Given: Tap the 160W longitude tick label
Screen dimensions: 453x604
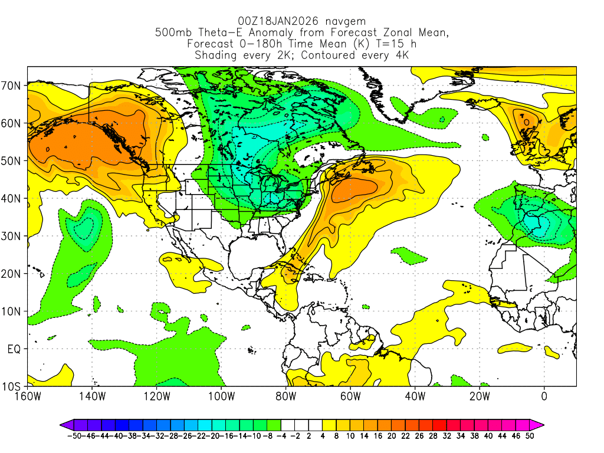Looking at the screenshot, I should click(x=28, y=396).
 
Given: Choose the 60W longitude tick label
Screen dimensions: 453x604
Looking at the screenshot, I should click(x=350, y=396).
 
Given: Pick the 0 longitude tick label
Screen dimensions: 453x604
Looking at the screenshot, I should click(x=544, y=396).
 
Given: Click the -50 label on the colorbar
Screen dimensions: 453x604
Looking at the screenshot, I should click(x=74, y=436).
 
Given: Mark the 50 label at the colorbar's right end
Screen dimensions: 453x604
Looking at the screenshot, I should click(x=530, y=436).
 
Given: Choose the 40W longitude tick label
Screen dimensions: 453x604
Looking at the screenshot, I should click(x=415, y=396).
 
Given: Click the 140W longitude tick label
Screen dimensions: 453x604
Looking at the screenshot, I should click(x=92, y=396).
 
